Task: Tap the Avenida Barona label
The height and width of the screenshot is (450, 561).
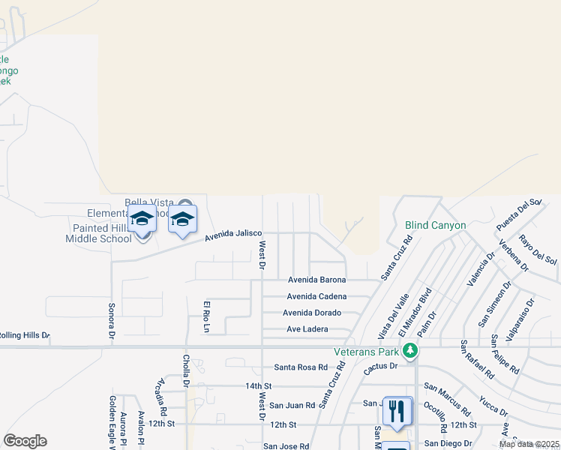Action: [x=317, y=280]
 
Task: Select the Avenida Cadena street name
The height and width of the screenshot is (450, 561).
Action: [x=316, y=296]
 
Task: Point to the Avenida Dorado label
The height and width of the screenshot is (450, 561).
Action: [x=312, y=313]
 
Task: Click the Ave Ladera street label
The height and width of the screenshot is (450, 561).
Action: [x=307, y=329]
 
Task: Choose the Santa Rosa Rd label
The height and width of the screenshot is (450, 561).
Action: [x=301, y=367]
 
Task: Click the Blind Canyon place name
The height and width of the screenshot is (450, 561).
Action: [x=436, y=225]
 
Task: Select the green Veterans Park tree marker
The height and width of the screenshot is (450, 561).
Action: [x=409, y=350]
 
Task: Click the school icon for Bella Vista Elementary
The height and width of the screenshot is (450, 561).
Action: [x=181, y=219]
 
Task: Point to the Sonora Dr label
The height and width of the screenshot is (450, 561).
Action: [x=111, y=320]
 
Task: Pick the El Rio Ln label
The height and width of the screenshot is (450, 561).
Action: [x=206, y=316]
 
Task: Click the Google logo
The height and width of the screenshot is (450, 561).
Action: [x=25, y=441]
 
